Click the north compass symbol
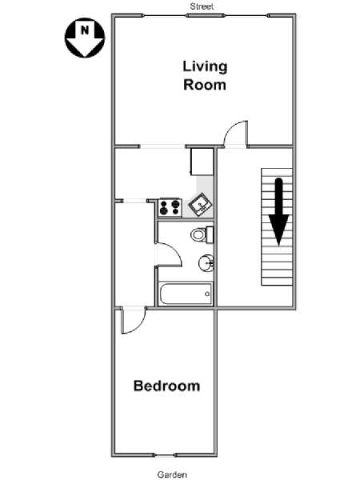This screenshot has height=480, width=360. [x=85, y=38]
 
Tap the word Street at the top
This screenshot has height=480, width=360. [x=202, y=6]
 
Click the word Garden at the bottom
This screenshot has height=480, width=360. [x=172, y=474]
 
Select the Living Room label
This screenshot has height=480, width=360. [x=205, y=76]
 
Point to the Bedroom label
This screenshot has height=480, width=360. [x=167, y=386]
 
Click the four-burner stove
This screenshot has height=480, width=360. [x=170, y=207]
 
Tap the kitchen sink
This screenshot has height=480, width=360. [x=200, y=204]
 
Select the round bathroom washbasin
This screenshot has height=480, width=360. [x=206, y=262]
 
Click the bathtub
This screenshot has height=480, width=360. [x=186, y=294]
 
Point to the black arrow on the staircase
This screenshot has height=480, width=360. [x=279, y=212]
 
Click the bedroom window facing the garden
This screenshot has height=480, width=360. [x=165, y=455]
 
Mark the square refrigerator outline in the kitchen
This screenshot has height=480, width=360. [x=202, y=162]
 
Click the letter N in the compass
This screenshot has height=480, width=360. [x=85, y=30]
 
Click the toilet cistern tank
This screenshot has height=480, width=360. [x=210, y=234]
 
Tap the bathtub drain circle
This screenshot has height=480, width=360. [x=207, y=294]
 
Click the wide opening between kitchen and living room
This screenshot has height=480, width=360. [x=162, y=146]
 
